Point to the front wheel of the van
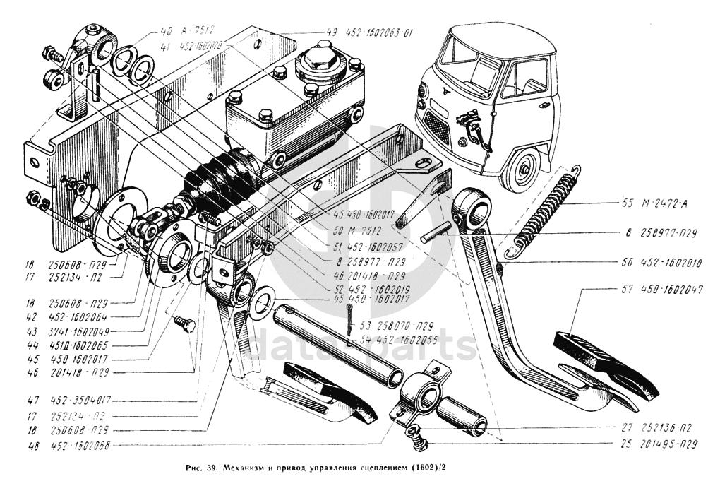pyautogui.click(x=523, y=170)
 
